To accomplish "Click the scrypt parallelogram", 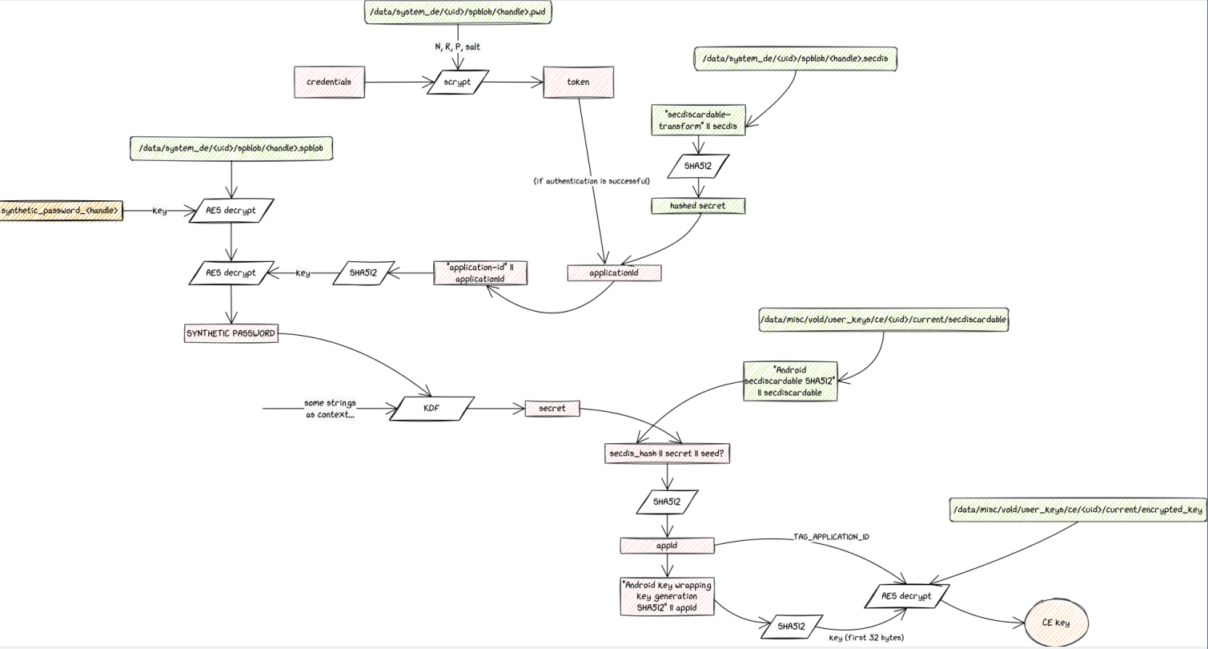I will (457, 82).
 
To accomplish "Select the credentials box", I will (329, 82).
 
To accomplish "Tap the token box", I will (578, 82).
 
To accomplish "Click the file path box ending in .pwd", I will (457, 13).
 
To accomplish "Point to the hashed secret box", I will (698, 206).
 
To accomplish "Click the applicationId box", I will (614, 273).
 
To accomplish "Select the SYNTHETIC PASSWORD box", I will (231, 333).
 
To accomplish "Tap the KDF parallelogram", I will (431, 409).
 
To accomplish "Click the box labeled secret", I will (552, 409).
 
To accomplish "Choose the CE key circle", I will (1056, 623).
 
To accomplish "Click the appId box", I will (667, 546).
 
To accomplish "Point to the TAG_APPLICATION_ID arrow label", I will (831, 536).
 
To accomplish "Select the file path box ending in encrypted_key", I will (1078, 510).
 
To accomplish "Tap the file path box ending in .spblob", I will (231, 148).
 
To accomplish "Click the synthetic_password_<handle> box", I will (61, 211).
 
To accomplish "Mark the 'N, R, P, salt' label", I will (457, 46).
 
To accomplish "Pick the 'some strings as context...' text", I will (330, 409).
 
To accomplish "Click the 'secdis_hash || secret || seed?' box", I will (668, 453).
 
